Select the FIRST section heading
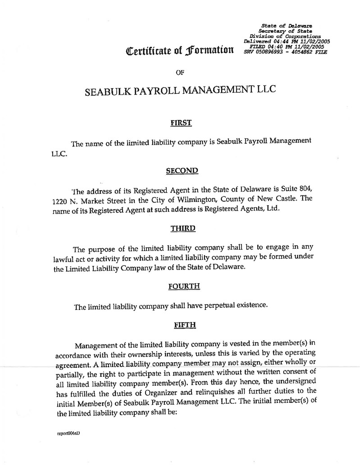[x=181, y=122]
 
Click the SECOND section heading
[x=182, y=171]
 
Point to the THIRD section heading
[x=182, y=228]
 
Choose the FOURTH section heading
[x=183, y=286]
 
